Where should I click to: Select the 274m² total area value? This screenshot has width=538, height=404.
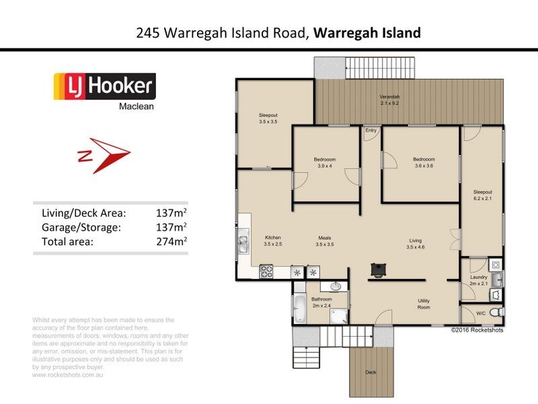coord(171,240)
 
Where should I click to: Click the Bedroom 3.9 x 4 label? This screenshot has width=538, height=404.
coord(324,162)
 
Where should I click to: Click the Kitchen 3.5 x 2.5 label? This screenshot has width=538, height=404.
coord(272,240)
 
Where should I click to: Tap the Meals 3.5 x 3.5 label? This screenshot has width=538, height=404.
coord(325,240)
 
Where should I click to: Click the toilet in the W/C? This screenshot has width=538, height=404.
coord(496,312)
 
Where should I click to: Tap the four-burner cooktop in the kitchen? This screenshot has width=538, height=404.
coord(266,272)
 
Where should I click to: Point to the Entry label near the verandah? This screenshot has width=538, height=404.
coord(371,130)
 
